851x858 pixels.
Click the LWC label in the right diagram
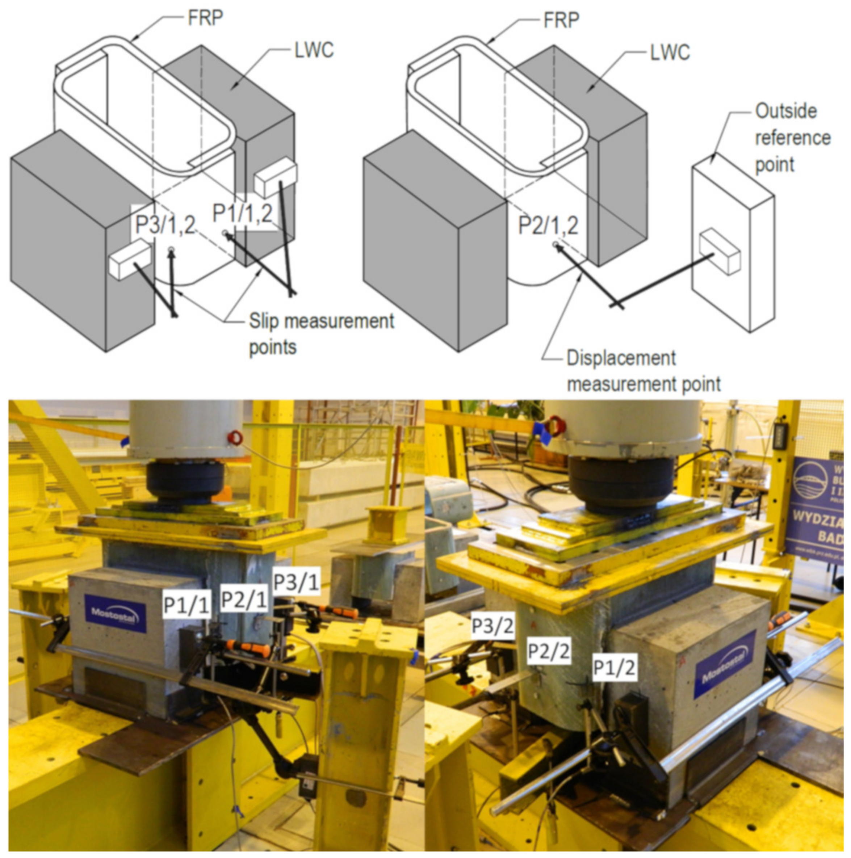[x=670, y=53]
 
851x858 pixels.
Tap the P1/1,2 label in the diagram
[x=243, y=213]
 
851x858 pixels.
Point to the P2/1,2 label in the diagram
[x=548, y=225]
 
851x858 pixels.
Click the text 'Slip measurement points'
[x=321, y=333]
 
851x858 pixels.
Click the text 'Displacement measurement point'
[x=643, y=371]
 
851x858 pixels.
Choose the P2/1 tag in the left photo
[x=244, y=600]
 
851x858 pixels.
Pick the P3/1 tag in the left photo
[x=296, y=582]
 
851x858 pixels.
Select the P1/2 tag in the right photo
[x=615, y=668]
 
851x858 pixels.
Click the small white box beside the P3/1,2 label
[x=129, y=258]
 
